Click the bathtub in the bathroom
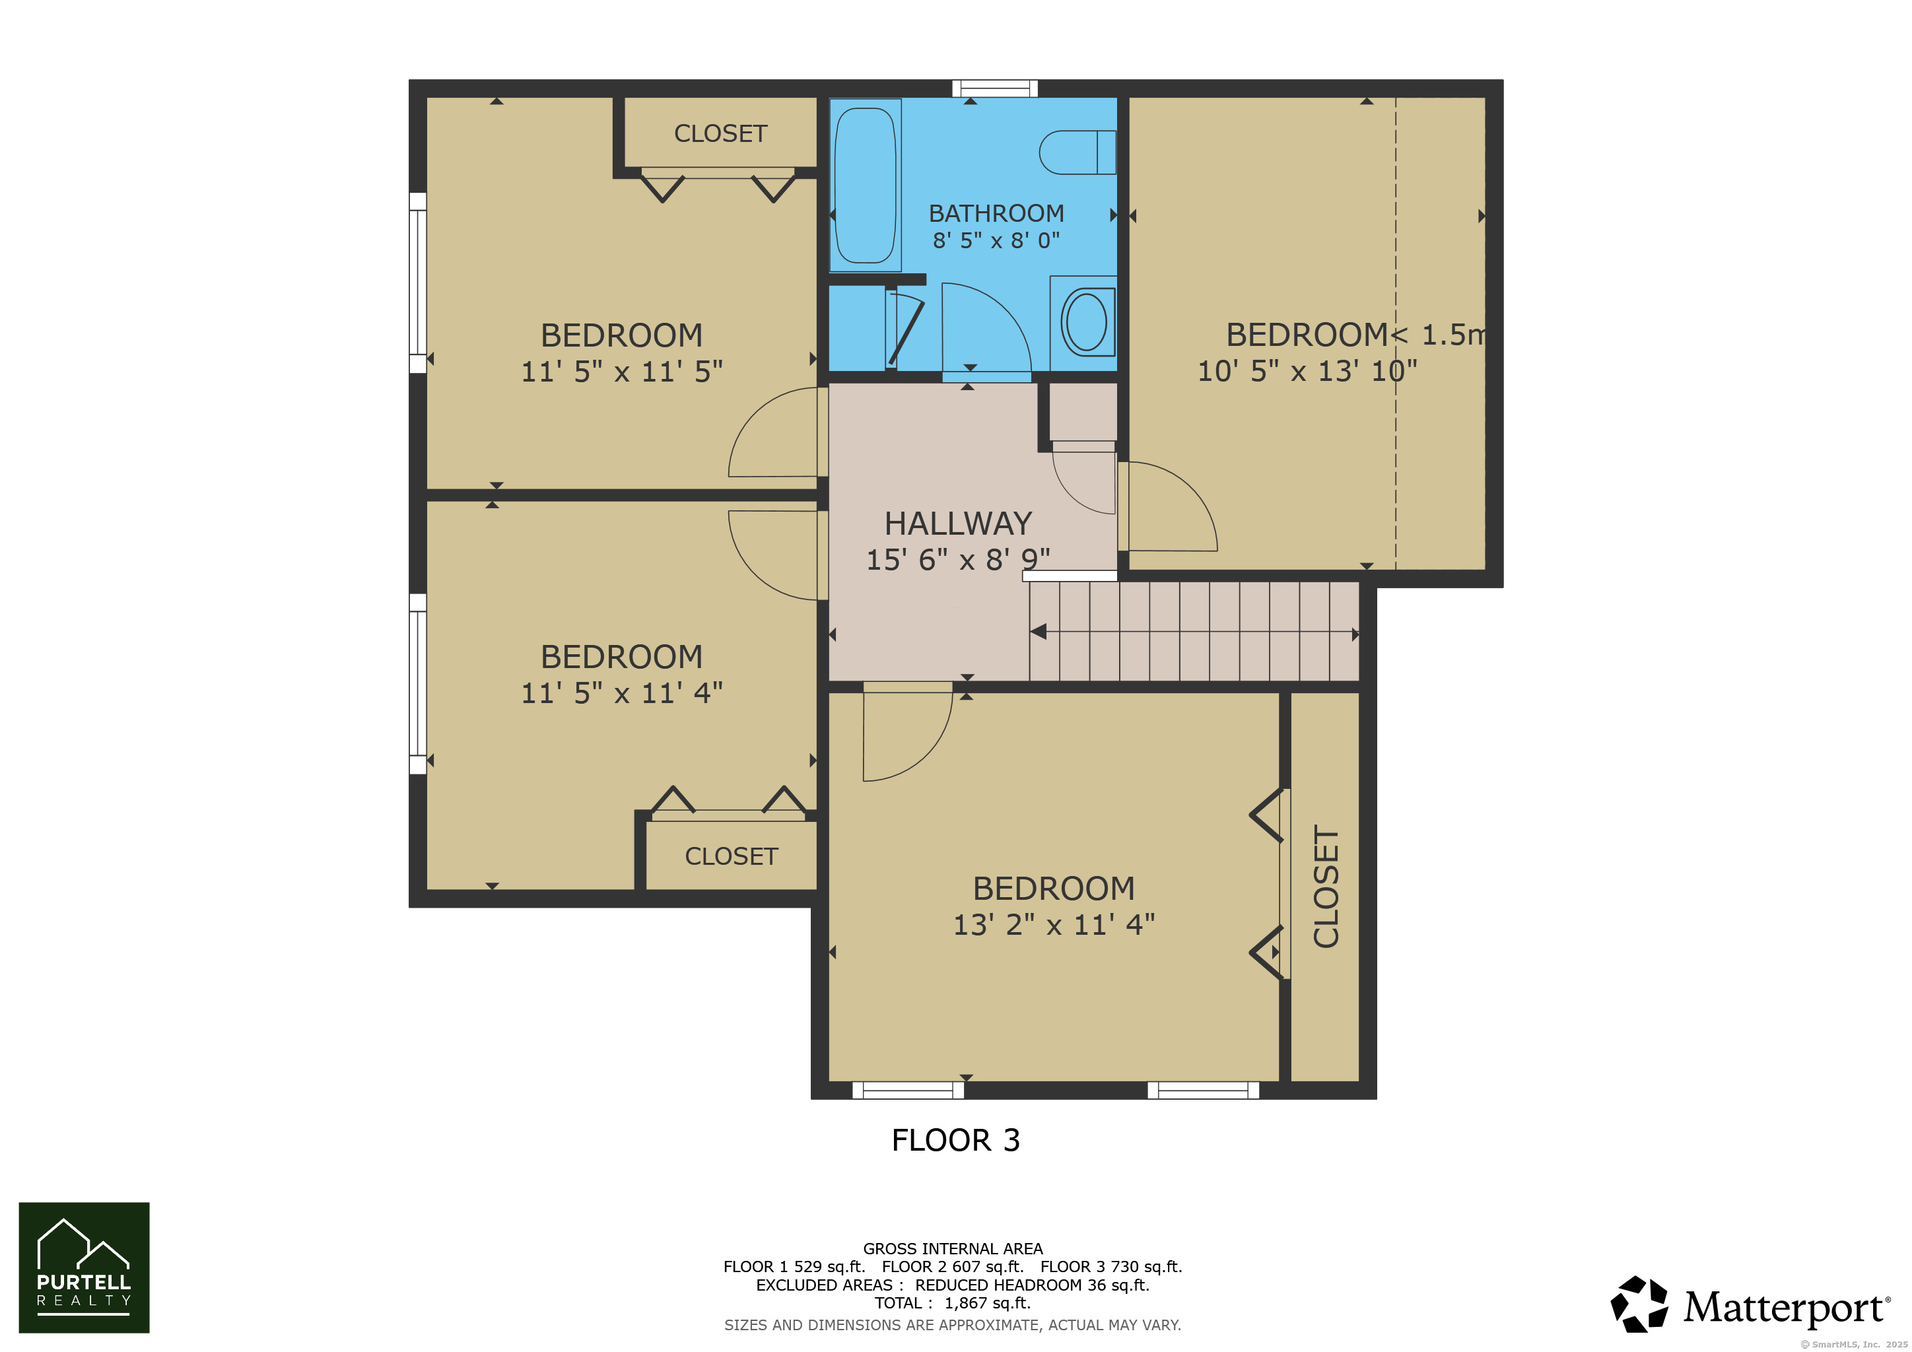(x=866, y=185)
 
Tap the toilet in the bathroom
(x=1077, y=152)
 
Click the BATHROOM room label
(x=996, y=213)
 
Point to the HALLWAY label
(x=958, y=524)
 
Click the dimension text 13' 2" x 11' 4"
(x=1054, y=924)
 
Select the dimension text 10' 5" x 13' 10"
(x=1307, y=370)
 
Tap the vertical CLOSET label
(x=1326, y=886)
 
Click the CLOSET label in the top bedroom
(x=720, y=133)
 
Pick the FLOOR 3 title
(x=955, y=1139)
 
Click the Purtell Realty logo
(x=84, y=1267)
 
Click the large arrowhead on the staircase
(x=1039, y=632)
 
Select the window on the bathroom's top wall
(x=995, y=88)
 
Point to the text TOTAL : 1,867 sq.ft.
(x=953, y=1303)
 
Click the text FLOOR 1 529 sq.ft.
(x=794, y=1266)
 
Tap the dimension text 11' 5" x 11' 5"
(x=621, y=371)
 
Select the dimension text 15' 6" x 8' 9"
(x=958, y=559)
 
